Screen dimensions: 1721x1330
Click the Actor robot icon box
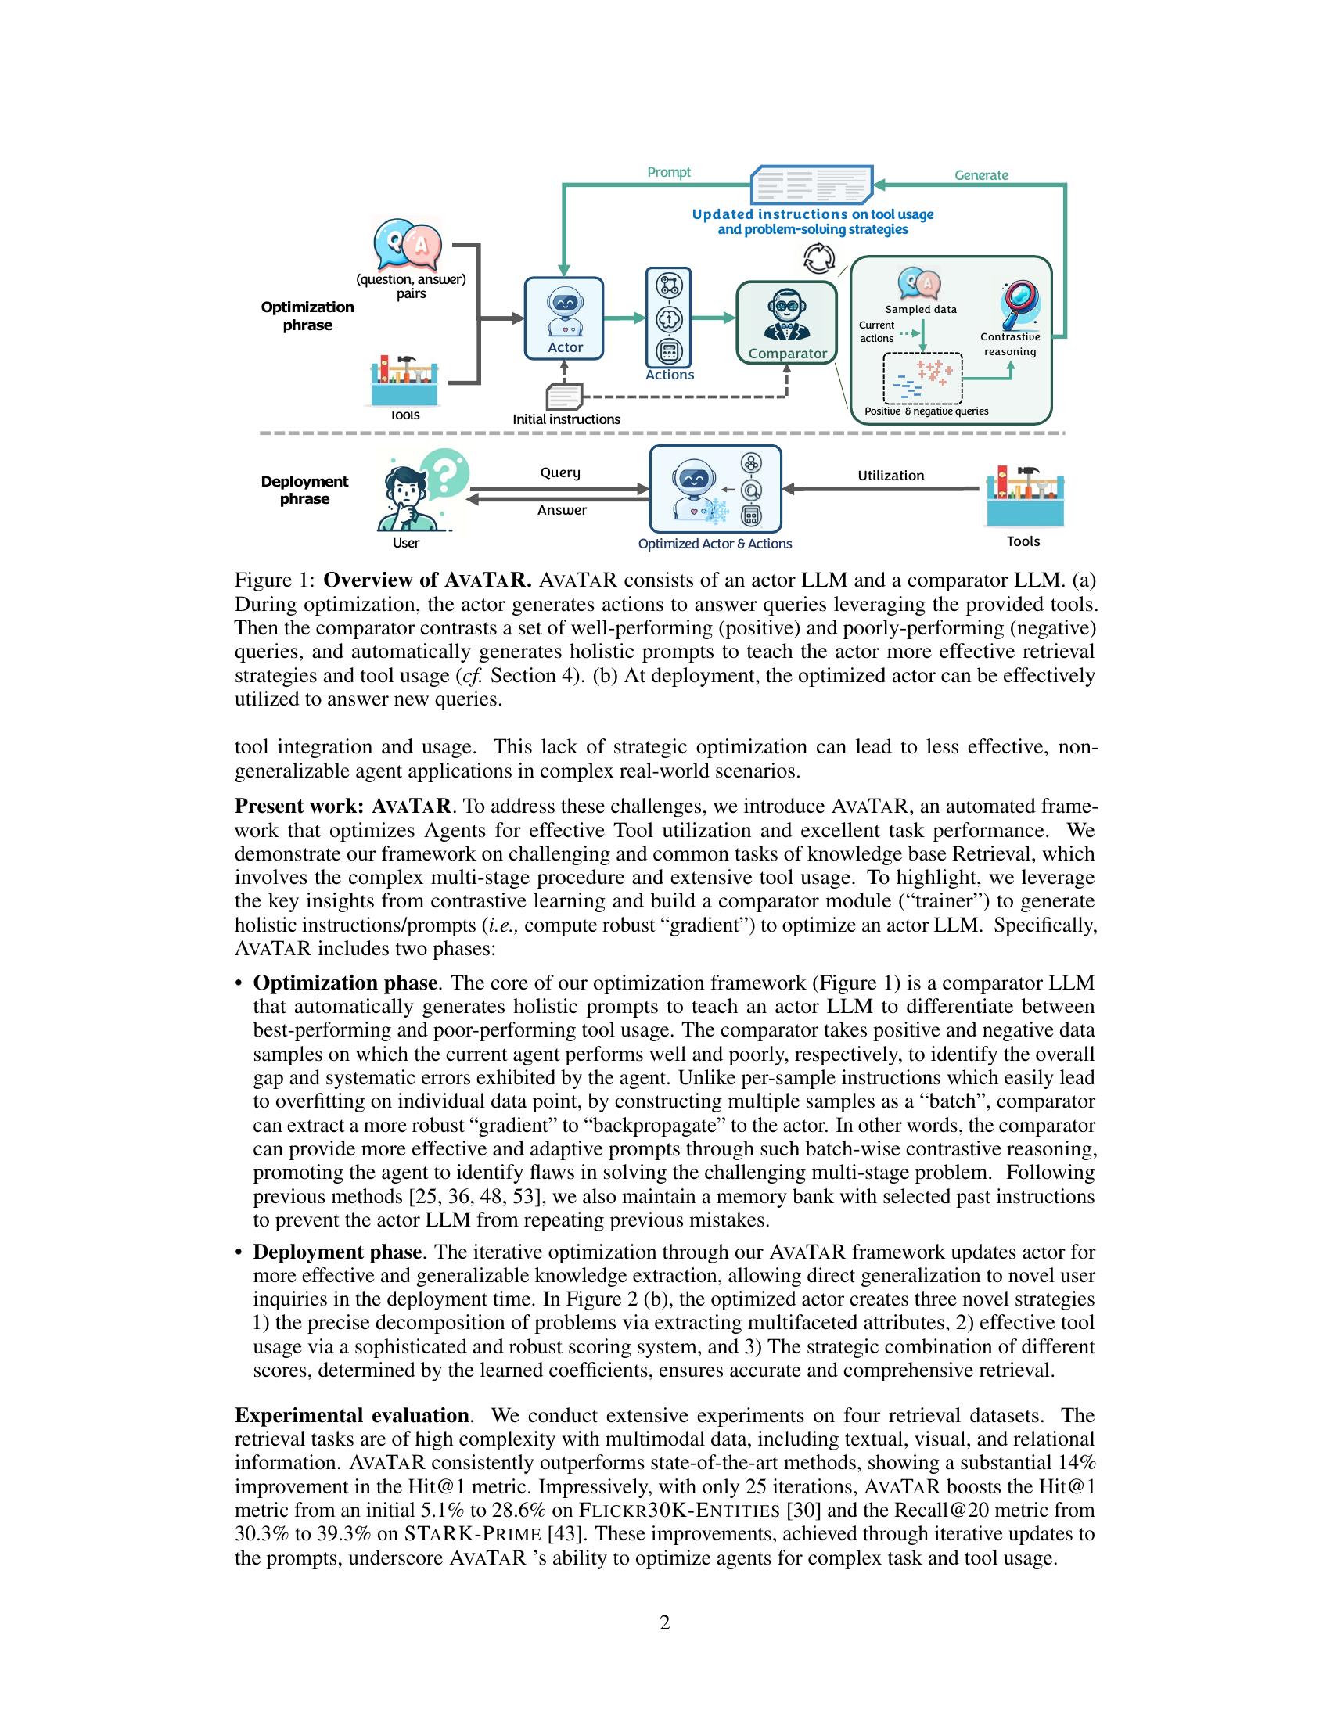click(564, 318)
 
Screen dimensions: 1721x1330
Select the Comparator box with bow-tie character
click(786, 323)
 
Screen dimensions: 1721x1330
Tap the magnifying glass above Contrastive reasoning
click(1019, 306)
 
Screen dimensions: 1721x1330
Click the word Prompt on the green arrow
click(668, 173)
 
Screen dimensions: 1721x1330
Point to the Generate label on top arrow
click(981, 175)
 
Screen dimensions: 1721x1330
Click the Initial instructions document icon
click(565, 396)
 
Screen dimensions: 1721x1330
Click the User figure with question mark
click(418, 494)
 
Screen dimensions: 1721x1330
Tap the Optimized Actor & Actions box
click(714, 490)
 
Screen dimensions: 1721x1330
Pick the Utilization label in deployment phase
click(890, 476)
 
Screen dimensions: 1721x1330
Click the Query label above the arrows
click(560, 472)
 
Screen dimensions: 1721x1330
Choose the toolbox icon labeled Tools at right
click(1023, 497)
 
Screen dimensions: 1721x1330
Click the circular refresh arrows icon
click(818, 258)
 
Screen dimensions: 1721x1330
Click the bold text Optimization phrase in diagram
click(307, 316)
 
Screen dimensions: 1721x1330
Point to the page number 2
click(664, 1623)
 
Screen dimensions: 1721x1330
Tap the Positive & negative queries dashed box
click(922, 378)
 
